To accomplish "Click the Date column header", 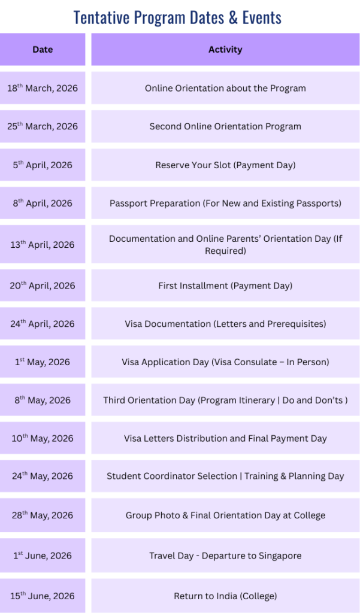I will pyautogui.click(x=43, y=50).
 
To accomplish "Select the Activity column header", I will pyautogui.click(x=225, y=50).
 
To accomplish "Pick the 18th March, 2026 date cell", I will pyautogui.click(x=43, y=88).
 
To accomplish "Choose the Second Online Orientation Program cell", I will pyautogui.click(x=225, y=126).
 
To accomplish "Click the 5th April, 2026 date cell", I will pyautogui.click(x=43, y=165).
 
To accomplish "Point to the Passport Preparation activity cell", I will pyautogui.click(x=225, y=203).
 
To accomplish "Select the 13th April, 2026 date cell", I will pyautogui.click(x=43, y=244).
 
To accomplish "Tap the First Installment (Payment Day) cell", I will pyautogui.click(x=225, y=286).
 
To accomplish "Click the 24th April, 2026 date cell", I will pyautogui.click(x=43, y=324).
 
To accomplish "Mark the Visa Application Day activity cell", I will pyautogui.click(x=225, y=362).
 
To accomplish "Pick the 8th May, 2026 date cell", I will pyautogui.click(x=43, y=400).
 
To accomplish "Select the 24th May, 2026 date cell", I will pyautogui.click(x=43, y=477).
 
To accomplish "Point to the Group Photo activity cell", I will pyautogui.click(x=225, y=515).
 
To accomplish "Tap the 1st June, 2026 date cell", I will pyautogui.click(x=43, y=556).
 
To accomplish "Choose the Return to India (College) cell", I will pyautogui.click(x=225, y=596).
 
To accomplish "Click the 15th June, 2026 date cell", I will pyautogui.click(x=43, y=596).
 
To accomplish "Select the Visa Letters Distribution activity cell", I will pyautogui.click(x=225, y=438).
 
